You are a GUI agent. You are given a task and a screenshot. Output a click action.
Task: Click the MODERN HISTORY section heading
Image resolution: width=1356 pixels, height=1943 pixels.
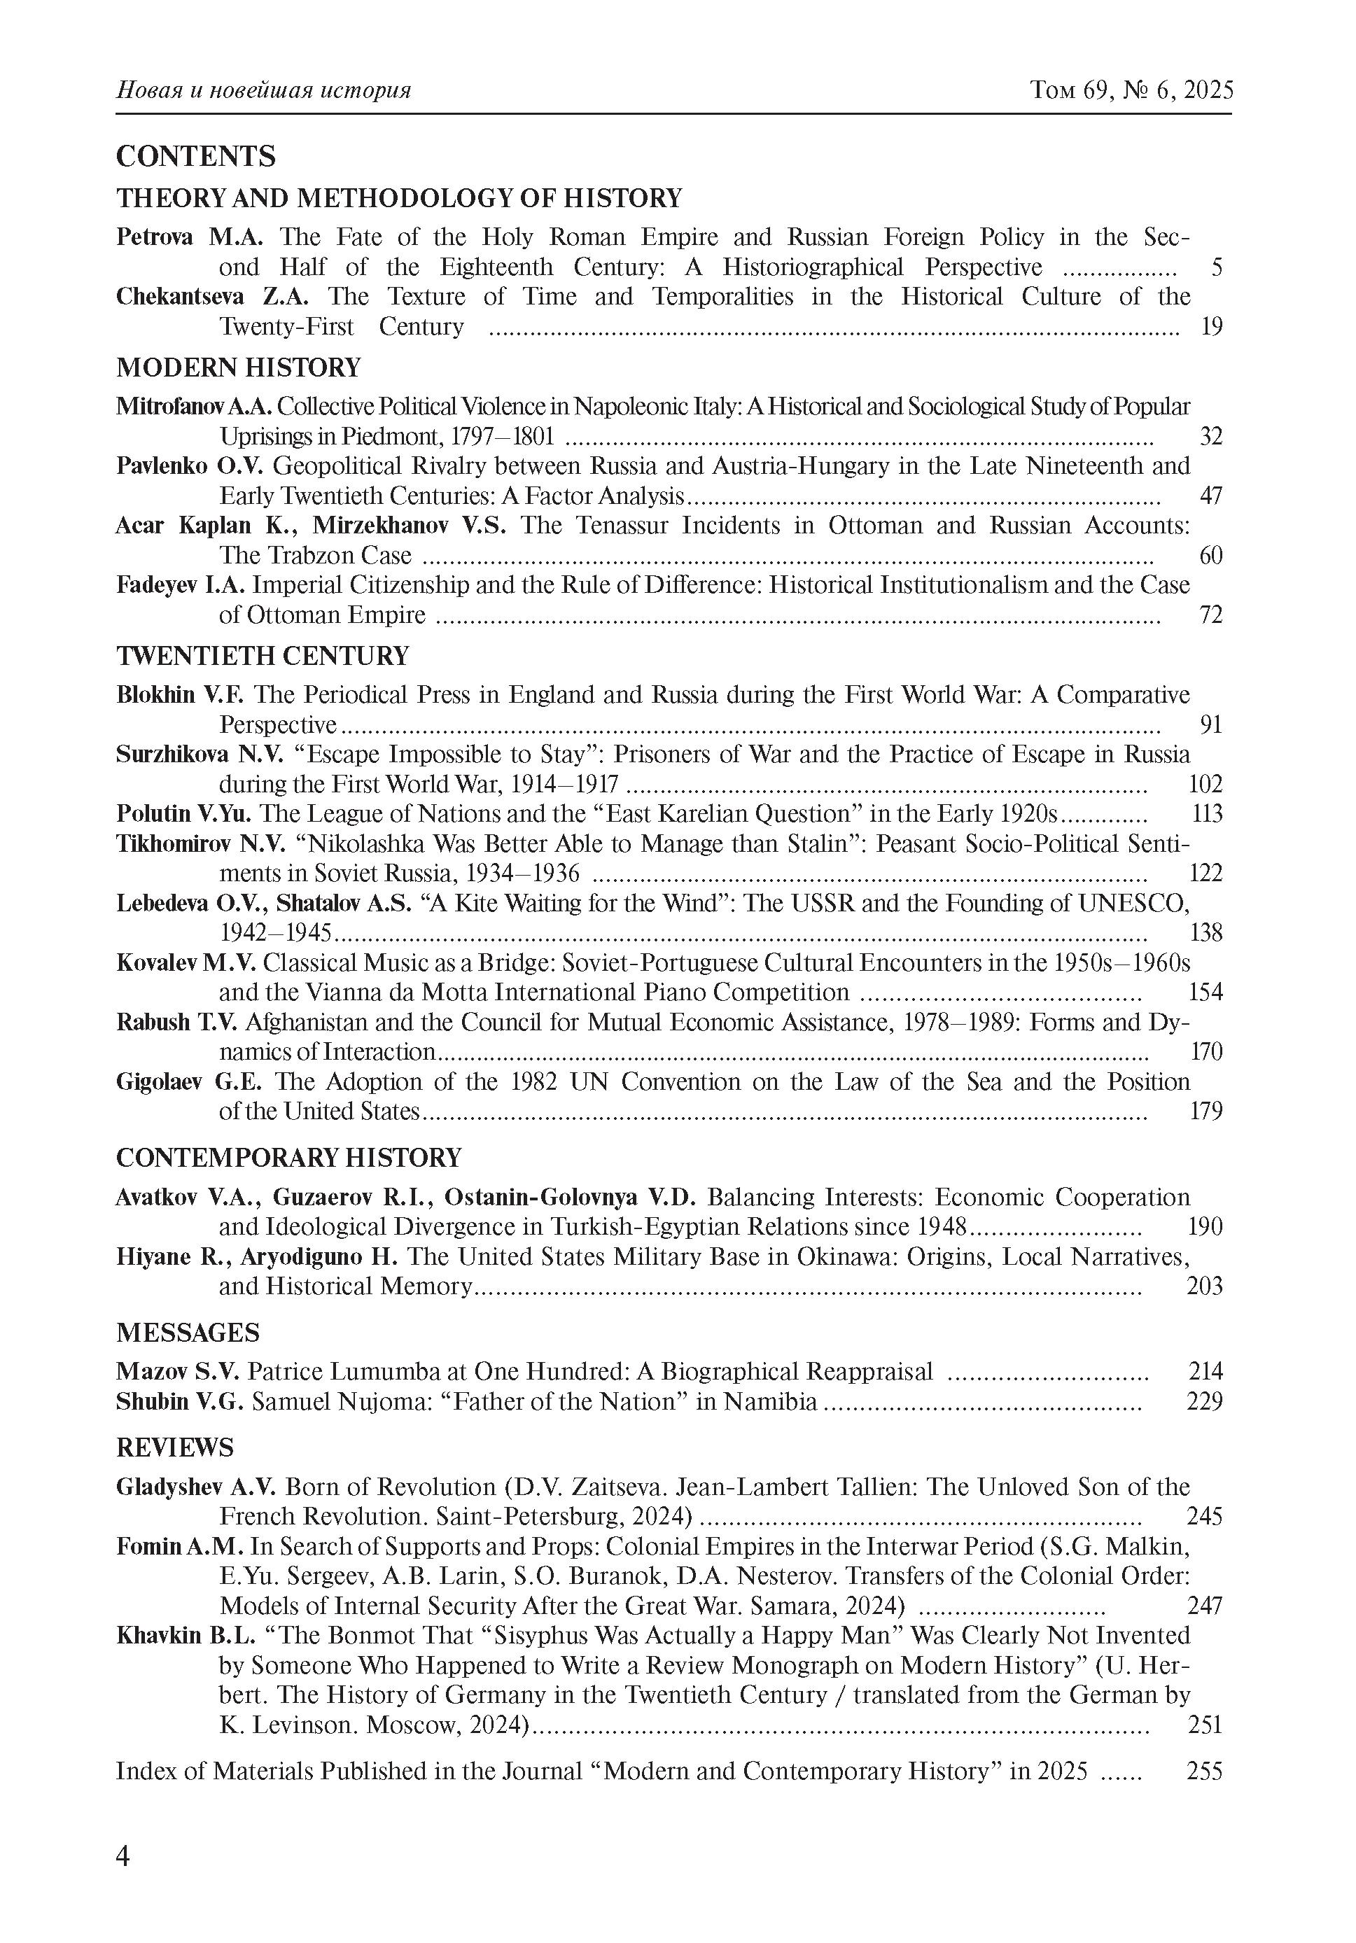(238, 367)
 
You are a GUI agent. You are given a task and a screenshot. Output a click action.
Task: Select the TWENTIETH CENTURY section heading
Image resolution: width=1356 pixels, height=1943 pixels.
(263, 656)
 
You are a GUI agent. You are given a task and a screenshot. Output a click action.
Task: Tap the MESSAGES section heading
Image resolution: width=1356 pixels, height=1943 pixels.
(188, 1333)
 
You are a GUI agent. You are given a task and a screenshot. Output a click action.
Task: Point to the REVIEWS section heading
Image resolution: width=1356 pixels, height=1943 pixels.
(174, 1448)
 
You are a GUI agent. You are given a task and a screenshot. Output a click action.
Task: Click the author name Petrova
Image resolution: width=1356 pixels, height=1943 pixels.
(154, 237)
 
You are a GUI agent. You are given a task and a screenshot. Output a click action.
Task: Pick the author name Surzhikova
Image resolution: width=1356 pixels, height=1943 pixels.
(173, 754)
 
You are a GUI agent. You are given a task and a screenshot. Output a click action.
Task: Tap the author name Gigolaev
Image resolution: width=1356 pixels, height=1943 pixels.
(159, 1081)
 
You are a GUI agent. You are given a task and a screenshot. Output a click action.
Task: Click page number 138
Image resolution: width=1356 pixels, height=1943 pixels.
(1205, 932)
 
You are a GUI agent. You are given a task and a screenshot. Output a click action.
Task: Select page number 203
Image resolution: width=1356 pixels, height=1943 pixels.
(1205, 1286)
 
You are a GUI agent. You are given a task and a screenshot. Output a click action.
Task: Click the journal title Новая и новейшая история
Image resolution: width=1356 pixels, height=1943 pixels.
(263, 90)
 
